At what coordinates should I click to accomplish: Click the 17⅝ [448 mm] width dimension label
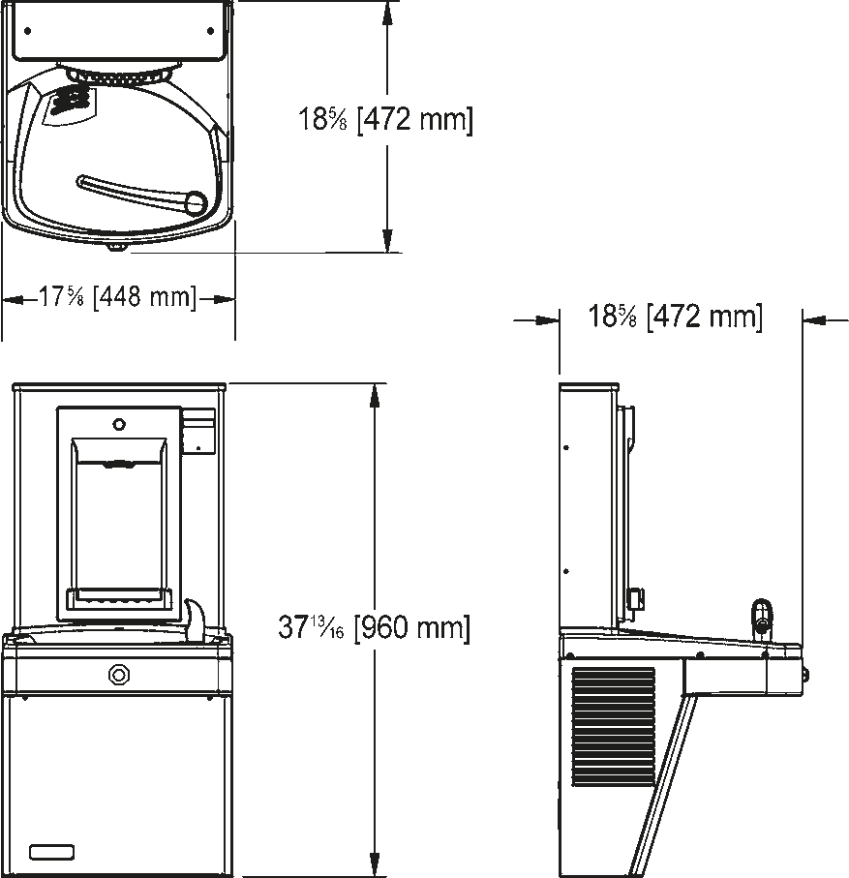[x=117, y=296]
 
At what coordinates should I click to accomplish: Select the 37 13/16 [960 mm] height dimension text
[x=374, y=627]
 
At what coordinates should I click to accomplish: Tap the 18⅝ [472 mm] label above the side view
[x=676, y=317]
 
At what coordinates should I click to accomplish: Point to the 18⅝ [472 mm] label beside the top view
[x=385, y=119]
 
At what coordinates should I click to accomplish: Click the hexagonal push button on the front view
[x=119, y=675]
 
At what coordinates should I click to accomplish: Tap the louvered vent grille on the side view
[x=613, y=726]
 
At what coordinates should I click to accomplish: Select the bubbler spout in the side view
[x=761, y=618]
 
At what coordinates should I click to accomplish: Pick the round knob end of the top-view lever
[x=196, y=202]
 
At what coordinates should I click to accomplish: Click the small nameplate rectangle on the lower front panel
[x=52, y=852]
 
